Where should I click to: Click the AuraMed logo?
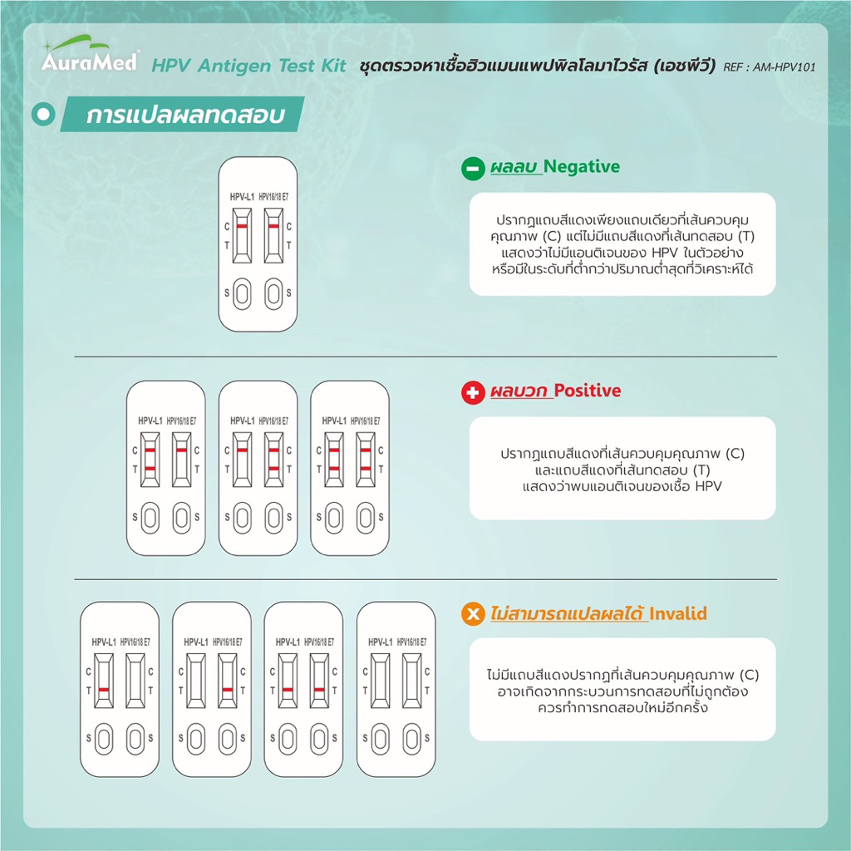91,54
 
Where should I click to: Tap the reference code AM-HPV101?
785,67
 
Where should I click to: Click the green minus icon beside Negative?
473,168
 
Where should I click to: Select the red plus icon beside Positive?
473,392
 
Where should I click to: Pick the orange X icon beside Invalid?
473,614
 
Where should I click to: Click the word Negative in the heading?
581,166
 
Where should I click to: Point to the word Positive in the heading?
588,391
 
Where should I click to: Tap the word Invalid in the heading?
678,614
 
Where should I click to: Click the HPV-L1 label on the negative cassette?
242,197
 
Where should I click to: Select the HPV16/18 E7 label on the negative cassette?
273,197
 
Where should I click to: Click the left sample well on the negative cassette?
242,293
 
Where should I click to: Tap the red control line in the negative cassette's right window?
273,226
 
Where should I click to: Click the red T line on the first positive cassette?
150,469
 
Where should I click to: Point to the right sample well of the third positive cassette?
366,518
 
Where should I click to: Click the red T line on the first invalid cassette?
104,690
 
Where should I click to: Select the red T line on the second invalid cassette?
228,690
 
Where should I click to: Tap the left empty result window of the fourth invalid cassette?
380,681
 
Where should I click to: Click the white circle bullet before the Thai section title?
43,114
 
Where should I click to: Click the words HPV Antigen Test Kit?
248,66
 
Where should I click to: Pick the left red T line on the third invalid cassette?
288,690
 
